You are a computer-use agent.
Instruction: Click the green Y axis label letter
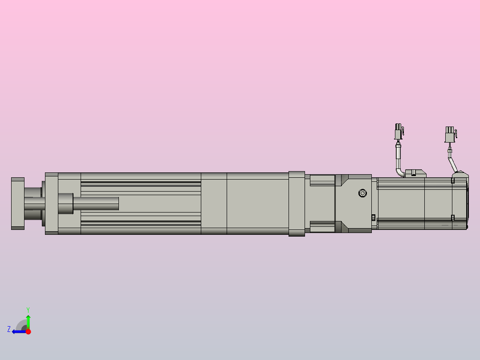(x=28, y=310)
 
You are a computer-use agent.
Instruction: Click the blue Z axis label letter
(x=9, y=329)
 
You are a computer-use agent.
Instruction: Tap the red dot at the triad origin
(x=28, y=331)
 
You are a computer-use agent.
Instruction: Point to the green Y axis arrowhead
(x=28, y=317)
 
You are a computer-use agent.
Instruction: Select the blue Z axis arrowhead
(x=14, y=331)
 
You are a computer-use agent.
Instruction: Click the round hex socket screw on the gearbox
(x=362, y=193)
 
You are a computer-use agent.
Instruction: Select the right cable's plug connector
(x=450, y=135)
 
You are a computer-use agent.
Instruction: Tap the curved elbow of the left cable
(x=399, y=172)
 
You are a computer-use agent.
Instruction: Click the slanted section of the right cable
(x=453, y=165)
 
